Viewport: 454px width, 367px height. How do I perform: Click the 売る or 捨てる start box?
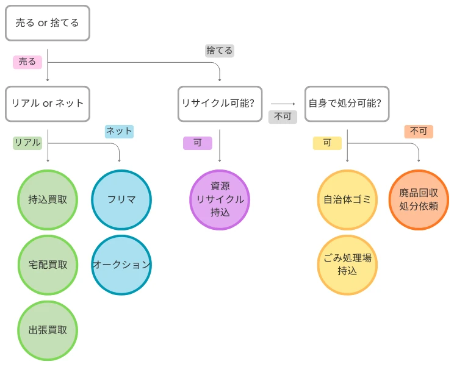(x=48, y=23)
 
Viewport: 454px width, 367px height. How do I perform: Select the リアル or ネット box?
(x=48, y=104)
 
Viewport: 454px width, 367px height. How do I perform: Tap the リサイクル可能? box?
(x=220, y=104)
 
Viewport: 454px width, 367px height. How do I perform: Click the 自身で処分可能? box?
(x=347, y=104)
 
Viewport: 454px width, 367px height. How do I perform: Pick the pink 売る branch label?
(x=27, y=62)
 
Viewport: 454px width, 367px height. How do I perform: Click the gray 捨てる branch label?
(x=220, y=51)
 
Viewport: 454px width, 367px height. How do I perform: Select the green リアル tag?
(x=27, y=143)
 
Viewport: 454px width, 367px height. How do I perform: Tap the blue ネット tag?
(x=119, y=131)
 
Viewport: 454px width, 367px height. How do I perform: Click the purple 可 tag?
(x=197, y=143)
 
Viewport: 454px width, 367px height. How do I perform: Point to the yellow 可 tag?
(x=327, y=143)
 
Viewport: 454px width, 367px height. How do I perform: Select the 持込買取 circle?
(x=48, y=199)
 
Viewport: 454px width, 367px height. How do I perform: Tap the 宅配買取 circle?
(x=48, y=265)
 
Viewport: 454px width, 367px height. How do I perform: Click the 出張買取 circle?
(x=48, y=330)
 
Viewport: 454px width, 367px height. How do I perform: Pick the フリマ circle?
(x=121, y=199)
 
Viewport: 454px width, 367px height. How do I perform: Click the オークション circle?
(x=121, y=265)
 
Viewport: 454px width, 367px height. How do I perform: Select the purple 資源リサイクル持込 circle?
(x=220, y=199)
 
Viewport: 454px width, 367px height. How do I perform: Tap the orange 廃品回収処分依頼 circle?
(x=419, y=199)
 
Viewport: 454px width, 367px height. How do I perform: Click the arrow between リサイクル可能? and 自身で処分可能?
(x=283, y=104)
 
